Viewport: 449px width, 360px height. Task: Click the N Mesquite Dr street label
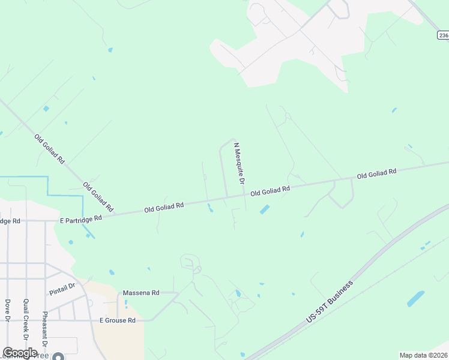click(x=240, y=163)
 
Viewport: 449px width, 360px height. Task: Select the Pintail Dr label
click(x=62, y=289)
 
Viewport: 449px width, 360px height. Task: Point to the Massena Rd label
click(x=141, y=293)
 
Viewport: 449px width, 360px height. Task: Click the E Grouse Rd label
click(x=118, y=320)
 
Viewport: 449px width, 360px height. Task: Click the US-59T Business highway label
click(x=330, y=301)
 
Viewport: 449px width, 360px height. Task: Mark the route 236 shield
click(x=442, y=35)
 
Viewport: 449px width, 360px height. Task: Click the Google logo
click(x=20, y=353)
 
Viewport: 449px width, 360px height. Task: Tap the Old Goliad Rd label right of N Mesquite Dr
click(x=270, y=190)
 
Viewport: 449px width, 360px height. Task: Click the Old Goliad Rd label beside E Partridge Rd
click(x=163, y=206)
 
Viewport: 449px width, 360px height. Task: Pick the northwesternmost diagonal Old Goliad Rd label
click(x=49, y=149)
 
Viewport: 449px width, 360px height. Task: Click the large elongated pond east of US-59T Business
click(x=415, y=298)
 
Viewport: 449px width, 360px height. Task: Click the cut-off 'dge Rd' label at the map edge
click(x=10, y=221)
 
